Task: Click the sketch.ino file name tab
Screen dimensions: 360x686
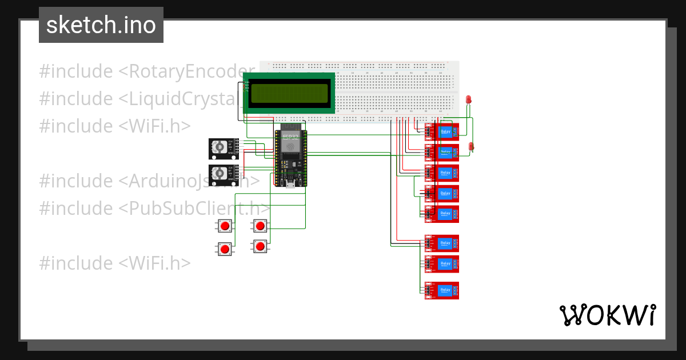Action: click(x=101, y=25)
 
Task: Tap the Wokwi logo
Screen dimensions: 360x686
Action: click(x=607, y=315)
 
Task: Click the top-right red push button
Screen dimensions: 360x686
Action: click(x=260, y=226)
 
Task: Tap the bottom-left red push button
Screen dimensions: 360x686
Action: click(x=225, y=249)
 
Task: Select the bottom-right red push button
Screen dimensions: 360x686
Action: click(x=260, y=246)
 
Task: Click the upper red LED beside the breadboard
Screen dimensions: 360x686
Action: click(x=468, y=99)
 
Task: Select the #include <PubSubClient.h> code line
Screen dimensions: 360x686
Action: click(x=154, y=208)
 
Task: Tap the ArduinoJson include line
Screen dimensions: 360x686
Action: click(x=149, y=181)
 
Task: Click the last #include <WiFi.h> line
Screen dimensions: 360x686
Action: click(x=114, y=263)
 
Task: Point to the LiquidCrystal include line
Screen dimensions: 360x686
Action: click(x=137, y=98)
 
